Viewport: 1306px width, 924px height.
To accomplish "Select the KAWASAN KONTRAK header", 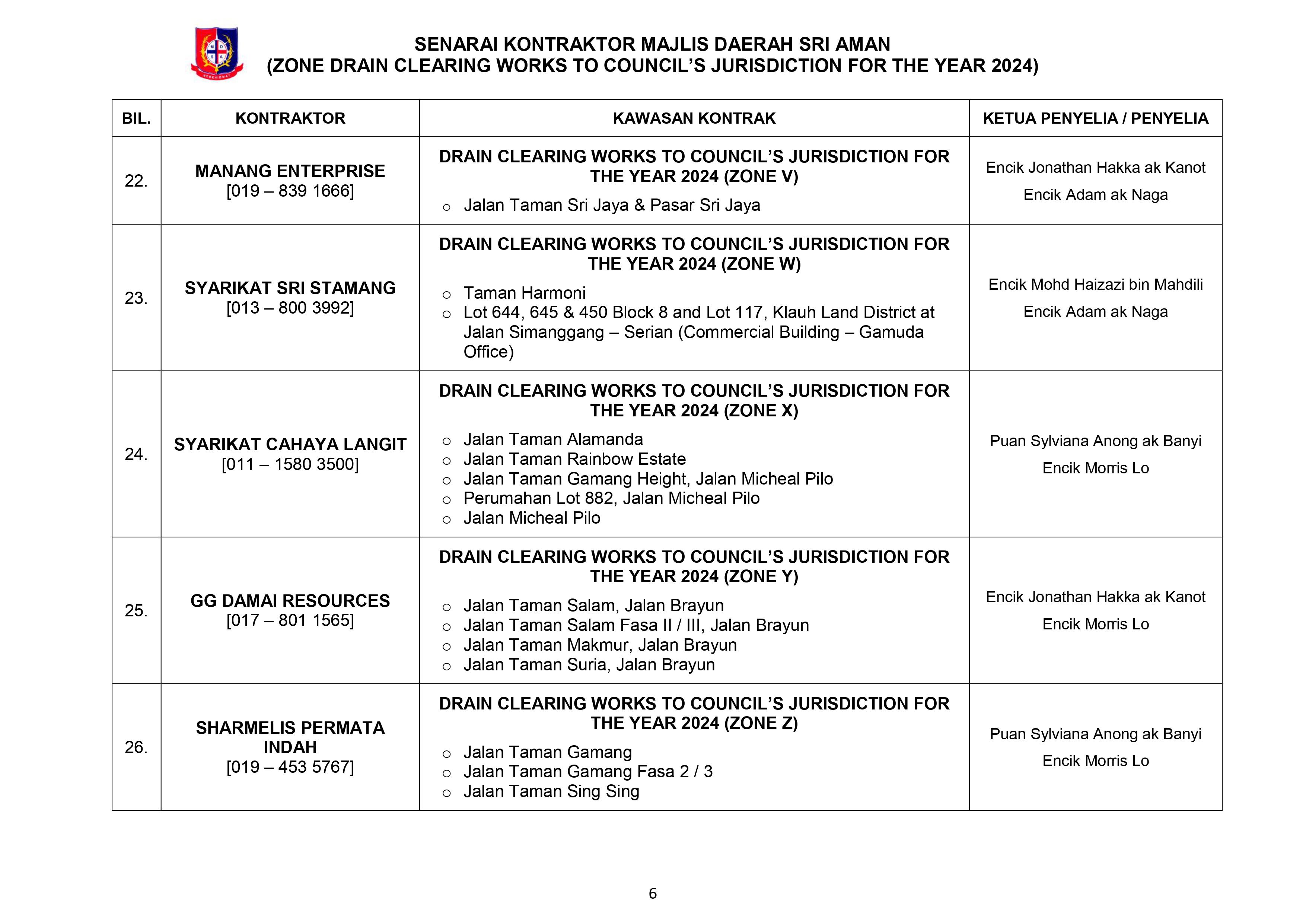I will click(694, 118).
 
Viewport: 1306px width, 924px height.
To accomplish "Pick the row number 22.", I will click(136, 181).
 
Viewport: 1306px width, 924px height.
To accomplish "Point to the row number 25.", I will click(136, 610).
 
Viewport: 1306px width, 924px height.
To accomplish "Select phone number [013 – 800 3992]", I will click(290, 308).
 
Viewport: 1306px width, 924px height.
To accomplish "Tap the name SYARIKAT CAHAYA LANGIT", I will click(290, 444).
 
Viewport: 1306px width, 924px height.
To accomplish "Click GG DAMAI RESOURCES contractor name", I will click(290, 601).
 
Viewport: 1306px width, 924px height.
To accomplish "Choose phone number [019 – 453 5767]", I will click(290, 767).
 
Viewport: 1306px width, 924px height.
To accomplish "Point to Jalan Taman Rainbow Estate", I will click(574, 459).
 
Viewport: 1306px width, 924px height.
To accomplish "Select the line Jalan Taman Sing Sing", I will click(551, 791).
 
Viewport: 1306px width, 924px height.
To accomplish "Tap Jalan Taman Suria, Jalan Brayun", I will click(589, 664).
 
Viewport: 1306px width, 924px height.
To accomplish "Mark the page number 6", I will click(652, 894).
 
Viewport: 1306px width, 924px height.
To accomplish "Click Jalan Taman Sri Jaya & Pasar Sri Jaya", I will click(611, 206).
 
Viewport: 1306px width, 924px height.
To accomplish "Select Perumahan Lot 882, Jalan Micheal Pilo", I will click(611, 498).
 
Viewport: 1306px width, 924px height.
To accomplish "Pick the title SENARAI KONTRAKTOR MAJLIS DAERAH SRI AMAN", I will click(652, 44).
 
